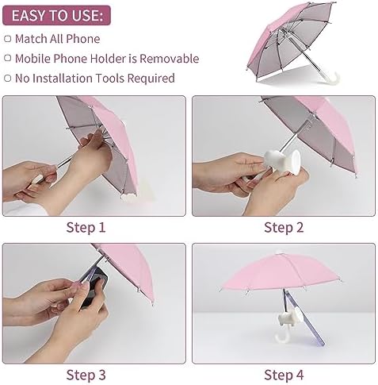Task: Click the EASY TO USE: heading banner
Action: (56, 15)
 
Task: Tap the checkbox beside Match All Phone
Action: (8, 39)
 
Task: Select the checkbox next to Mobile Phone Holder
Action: (8, 58)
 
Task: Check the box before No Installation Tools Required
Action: (8, 78)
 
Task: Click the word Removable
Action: (169, 59)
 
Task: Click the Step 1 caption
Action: (86, 228)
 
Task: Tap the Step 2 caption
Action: (284, 228)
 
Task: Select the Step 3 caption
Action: (86, 375)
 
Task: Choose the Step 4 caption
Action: (284, 375)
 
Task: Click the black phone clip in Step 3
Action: (93, 288)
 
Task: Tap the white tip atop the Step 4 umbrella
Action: (278, 252)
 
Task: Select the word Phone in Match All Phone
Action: (83, 39)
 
